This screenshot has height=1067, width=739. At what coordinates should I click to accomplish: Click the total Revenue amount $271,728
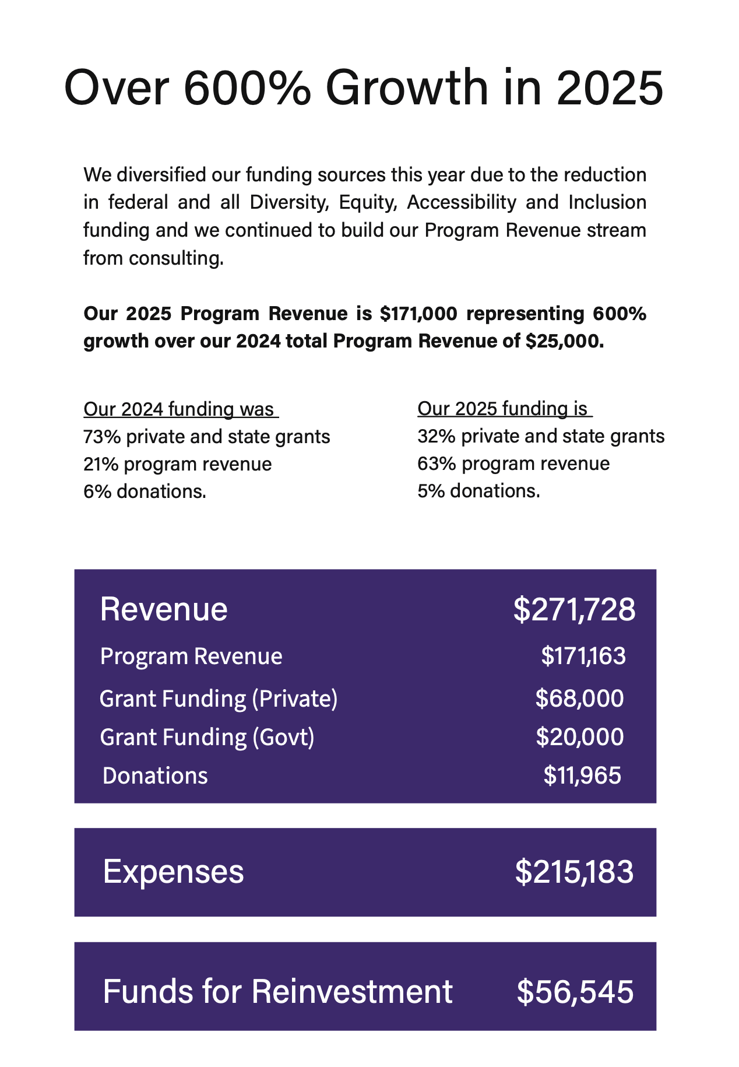[574, 610]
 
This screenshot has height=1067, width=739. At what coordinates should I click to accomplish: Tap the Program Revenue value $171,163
[583, 656]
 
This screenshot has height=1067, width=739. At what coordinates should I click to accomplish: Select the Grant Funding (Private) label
[219, 699]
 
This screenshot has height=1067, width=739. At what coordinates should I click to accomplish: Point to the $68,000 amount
[579, 699]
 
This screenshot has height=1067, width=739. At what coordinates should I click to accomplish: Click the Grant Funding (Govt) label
[207, 737]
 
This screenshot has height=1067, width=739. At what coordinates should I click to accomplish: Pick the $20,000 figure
[579, 737]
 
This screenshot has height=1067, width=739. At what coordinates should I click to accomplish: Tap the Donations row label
[155, 775]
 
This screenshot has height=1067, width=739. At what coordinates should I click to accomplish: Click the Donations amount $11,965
[582, 775]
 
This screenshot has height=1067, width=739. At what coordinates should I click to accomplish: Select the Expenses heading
[173, 872]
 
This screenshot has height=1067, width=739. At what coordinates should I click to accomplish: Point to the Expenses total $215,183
[574, 872]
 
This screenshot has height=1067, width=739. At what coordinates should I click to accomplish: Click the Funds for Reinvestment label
[277, 992]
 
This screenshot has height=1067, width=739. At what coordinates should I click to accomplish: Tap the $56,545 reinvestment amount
[575, 992]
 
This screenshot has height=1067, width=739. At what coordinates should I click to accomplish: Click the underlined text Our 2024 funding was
[179, 409]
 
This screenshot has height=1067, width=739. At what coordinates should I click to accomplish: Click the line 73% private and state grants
[207, 437]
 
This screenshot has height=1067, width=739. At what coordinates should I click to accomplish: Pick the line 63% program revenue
[513, 464]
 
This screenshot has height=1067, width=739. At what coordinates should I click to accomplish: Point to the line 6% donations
[145, 492]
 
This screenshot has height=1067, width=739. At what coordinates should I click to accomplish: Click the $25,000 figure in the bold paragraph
[562, 341]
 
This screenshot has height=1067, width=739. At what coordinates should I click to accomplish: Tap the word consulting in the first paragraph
[176, 258]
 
